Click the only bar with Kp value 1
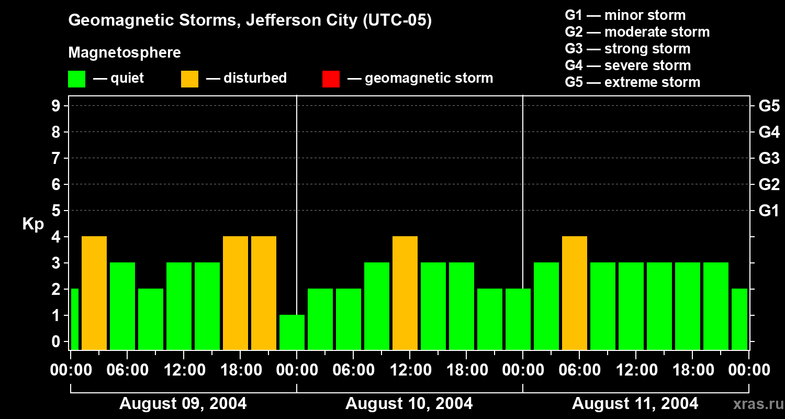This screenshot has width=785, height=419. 292,332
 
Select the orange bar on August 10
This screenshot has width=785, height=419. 405,293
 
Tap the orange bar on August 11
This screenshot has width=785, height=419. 575,293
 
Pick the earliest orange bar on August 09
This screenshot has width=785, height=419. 94,293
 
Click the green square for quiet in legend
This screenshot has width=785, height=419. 77,79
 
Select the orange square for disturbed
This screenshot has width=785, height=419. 190,79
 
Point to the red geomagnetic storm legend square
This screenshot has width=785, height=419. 331,79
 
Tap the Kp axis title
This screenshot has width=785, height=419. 33,224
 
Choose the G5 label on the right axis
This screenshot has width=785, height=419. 769,106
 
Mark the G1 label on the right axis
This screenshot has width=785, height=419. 769,211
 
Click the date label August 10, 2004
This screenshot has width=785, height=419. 409,404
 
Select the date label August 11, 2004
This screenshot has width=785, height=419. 635,404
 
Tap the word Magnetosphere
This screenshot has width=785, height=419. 125,53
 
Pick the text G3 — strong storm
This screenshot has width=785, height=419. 627,49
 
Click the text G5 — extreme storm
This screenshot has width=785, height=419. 632,82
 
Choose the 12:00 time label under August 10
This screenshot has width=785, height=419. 409,370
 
